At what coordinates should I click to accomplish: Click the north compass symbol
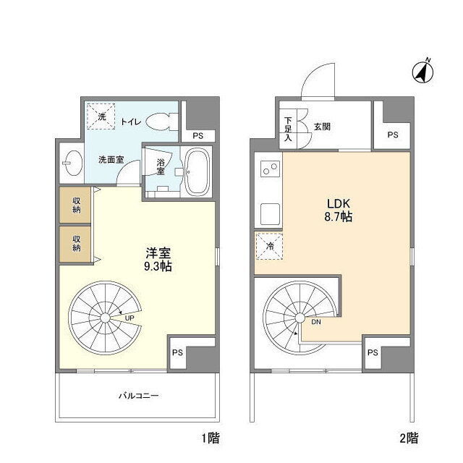(422, 72)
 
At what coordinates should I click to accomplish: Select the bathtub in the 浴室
(197, 171)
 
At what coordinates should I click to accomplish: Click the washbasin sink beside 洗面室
(73, 163)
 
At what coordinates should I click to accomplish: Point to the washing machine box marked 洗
(101, 116)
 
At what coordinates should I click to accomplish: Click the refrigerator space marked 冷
(269, 246)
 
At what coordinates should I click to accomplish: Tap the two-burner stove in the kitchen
(270, 169)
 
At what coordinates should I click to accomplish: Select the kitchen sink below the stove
(270, 214)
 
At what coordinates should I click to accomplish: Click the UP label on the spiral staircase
(129, 318)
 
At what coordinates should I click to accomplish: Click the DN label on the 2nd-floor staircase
(316, 322)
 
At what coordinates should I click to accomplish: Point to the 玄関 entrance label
(322, 127)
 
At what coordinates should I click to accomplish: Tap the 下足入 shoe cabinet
(288, 129)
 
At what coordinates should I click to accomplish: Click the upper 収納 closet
(76, 205)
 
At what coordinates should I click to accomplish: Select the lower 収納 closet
(76, 244)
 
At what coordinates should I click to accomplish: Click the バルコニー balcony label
(138, 396)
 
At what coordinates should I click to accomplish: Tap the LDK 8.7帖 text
(338, 210)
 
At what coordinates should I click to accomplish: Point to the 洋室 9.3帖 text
(158, 259)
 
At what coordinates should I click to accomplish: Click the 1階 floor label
(211, 438)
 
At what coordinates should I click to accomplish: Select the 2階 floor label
(409, 438)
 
